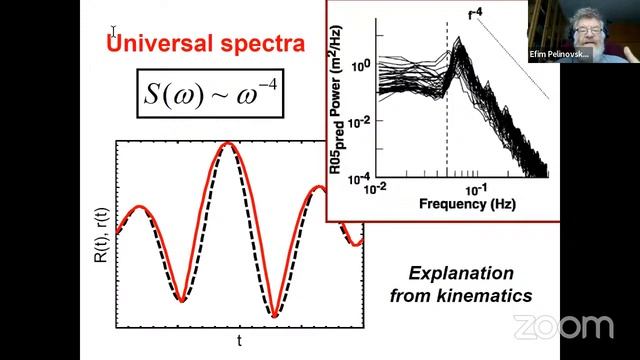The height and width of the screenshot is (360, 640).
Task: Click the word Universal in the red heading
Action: pos(158,43)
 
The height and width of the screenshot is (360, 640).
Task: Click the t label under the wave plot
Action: pos(239,341)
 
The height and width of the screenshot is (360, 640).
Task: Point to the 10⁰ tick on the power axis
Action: pos(362,63)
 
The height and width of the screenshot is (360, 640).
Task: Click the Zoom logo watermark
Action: pos(563,326)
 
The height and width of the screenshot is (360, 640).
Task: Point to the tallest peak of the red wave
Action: pos(230,144)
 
